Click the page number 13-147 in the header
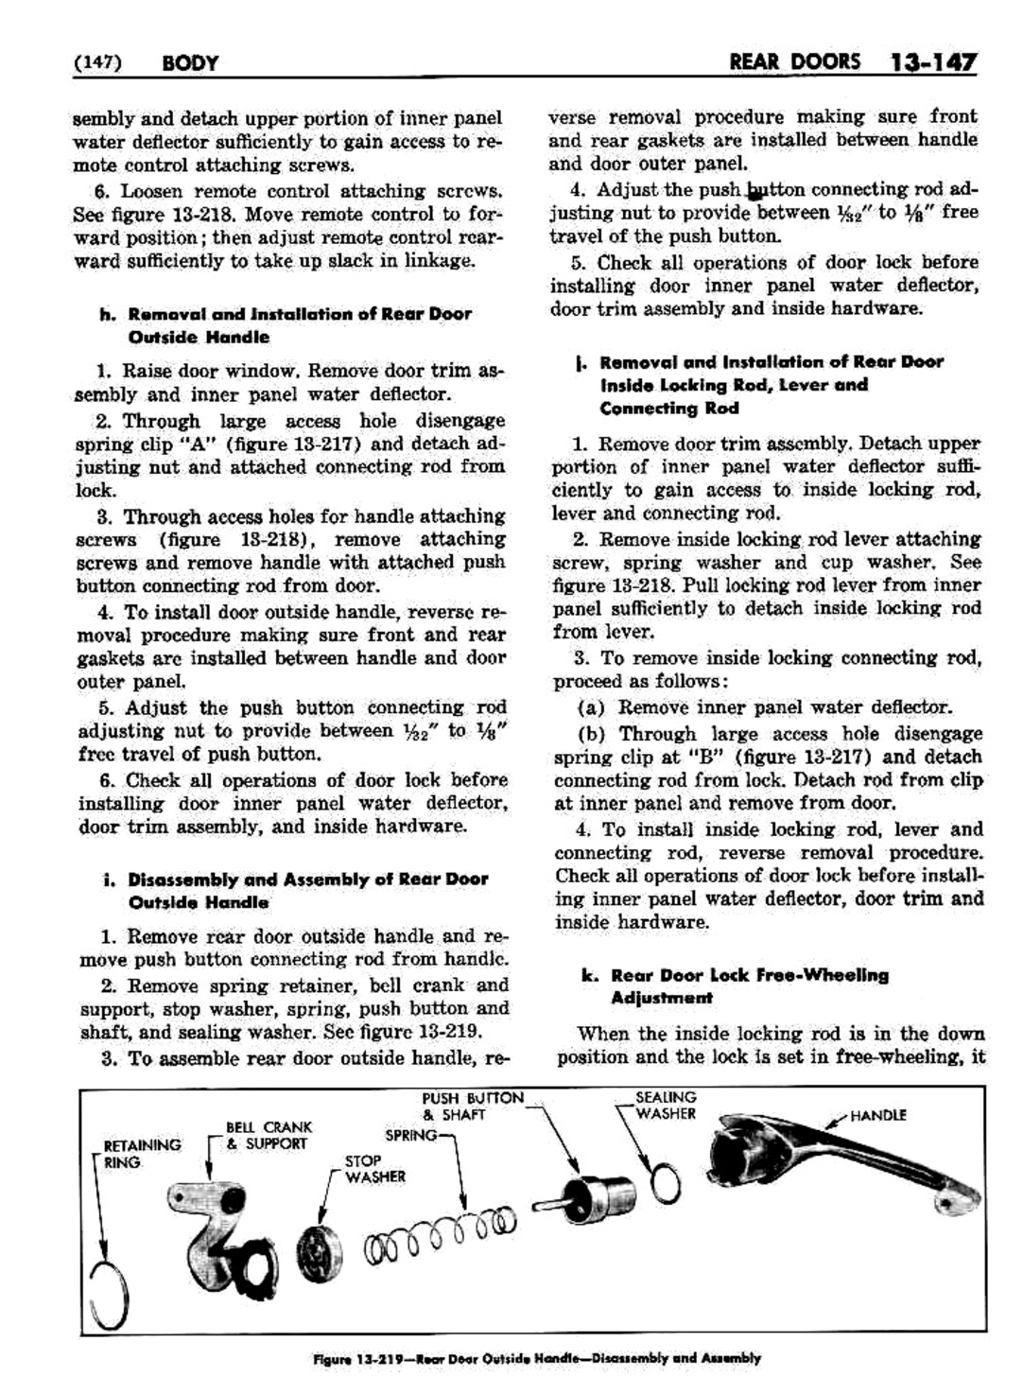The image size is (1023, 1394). tap(931, 63)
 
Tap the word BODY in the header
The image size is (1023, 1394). tap(190, 63)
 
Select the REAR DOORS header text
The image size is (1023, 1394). tap(795, 62)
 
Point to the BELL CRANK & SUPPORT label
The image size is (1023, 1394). tap(268, 1135)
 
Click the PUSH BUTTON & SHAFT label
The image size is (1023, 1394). tap(472, 1106)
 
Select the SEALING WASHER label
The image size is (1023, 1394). tap(666, 1106)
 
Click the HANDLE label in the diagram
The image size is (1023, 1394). tap(877, 1116)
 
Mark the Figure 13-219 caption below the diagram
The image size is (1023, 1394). tap(536, 1358)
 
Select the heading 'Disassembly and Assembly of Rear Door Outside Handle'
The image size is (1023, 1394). tap(308, 891)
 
